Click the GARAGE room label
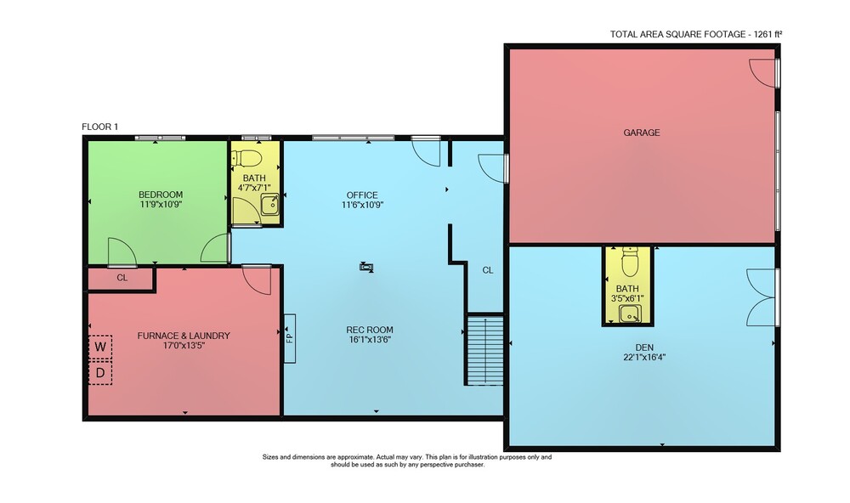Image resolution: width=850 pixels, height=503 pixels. pyautogui.click(x=641, y=133)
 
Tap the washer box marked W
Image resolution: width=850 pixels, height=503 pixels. pyautogui.click(x=100, y=347)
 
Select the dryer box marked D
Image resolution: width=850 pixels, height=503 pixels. pyautogui.click(x=100, y=373)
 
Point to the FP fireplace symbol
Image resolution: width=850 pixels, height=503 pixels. pyautogui.click(x=290, y=338)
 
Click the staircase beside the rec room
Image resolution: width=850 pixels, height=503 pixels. pyautogui.click(x=484, y=350)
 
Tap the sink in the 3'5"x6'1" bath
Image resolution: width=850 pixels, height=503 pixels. pyautogui.click(x=629, y=314)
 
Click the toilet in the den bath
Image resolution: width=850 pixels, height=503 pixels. pyautogui.click(x=629, y=262)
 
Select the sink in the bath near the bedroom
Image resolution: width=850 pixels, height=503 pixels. pyautogui.click(x=269, y=204)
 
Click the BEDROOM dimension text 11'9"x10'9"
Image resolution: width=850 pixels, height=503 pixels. pyautogui.click(x=161, y=205)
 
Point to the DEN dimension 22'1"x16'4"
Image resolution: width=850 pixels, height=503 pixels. pyautogui.click(x=644, y=357)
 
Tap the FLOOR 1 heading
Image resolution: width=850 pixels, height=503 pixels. pyautogui.click(x=99, y=127)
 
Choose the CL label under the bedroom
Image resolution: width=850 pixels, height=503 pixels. pyautogui.click(x=122, y=278)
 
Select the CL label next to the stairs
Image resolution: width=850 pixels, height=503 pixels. pyautogui.click(x=488, y=270)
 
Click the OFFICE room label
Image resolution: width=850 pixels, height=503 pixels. pyautogui.click(x=362, y=195)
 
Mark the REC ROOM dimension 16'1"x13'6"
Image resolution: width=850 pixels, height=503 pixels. pyautogui.click(x=371, y=340)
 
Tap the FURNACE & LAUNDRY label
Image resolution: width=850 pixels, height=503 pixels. pyautogui.click(x=184, y=336)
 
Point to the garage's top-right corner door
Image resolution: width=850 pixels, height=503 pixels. pyautogui.click(x=764, y=73)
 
